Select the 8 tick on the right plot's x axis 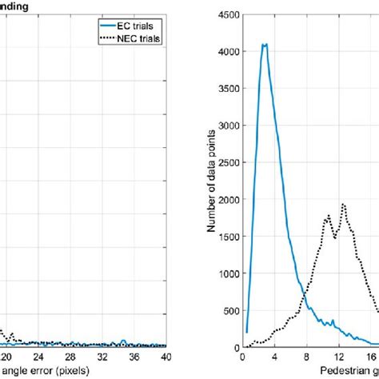point(307,357)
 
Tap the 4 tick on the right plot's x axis point(274,357)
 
